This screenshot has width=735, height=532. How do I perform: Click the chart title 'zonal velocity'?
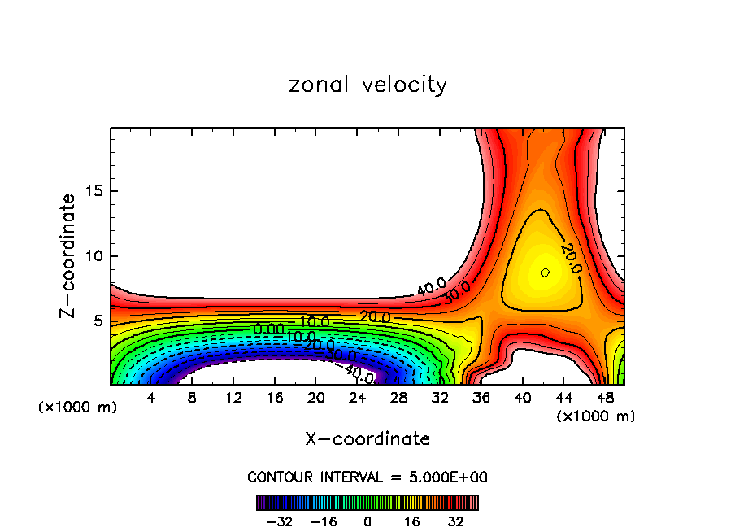(x=367, y=85)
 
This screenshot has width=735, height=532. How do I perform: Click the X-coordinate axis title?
(x=367, y=439)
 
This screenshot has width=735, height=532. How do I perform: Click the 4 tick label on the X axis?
(x=150, y=399)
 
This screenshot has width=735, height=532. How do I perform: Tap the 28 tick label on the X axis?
(x=398, y=399)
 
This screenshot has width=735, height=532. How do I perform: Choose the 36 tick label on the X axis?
(x=481, y=399)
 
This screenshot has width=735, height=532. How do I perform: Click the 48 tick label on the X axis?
(x=605, y=399)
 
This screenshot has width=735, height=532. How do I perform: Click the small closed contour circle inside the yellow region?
(x=545, y=273)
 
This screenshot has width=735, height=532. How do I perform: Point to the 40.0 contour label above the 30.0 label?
(x=431, y=286)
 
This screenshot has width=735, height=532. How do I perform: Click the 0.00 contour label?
(x=268, y=329)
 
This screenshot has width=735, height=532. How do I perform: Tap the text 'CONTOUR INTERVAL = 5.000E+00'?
(x=367, y=477)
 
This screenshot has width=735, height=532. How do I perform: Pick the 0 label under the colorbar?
(x=367, y=521)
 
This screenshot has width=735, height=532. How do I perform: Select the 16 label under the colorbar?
(x=412, y=521)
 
